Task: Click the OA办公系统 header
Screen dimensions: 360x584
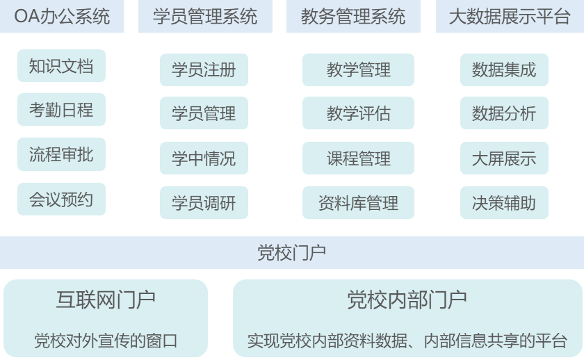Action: [x=62, y=17]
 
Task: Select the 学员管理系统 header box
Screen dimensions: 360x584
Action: [x=204, y=17]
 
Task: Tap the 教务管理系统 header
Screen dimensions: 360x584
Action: [x=353, y=17]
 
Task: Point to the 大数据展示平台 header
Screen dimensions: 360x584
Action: [x=509, y=17]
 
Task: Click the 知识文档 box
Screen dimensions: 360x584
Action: [x=61, y=67]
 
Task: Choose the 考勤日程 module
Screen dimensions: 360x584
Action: [x=61, y=110]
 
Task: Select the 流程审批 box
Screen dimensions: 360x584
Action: [x=61, y=154]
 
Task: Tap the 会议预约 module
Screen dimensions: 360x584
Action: [x=61, y=199]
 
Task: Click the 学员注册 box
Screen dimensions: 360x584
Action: [x=204, y=69]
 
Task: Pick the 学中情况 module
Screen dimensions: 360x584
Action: [x=204, y=158]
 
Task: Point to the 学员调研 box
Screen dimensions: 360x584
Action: [x=204, y=203]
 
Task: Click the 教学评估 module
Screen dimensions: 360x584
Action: [x=358, y=113]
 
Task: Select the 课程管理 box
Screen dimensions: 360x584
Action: [x=358, y=158]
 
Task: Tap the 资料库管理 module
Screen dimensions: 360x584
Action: [x=358, y=203]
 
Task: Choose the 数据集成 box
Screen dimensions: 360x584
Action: [x=504, y=69]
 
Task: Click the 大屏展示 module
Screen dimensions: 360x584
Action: [x=504, y=158]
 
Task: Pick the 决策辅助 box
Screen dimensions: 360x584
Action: [x=504, y=203]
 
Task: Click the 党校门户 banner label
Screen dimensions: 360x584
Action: [x=291, y=252]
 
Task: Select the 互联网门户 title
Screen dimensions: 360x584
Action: [x=106, y=300]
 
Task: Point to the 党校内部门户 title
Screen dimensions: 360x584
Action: [x=407, y=300]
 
